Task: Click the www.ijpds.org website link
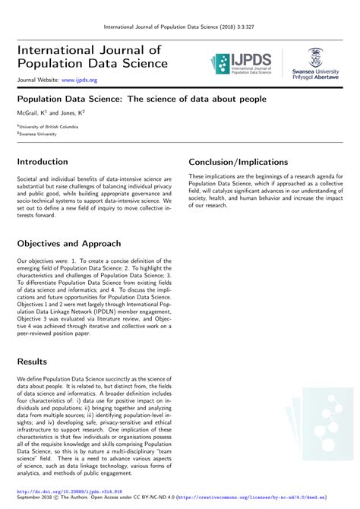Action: point(80,79)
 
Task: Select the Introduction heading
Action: point(43,162)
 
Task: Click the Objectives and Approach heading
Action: point(69,244)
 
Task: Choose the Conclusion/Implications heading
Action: point(238,162)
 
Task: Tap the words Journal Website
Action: point(36,79)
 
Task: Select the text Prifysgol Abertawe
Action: point(316,77)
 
